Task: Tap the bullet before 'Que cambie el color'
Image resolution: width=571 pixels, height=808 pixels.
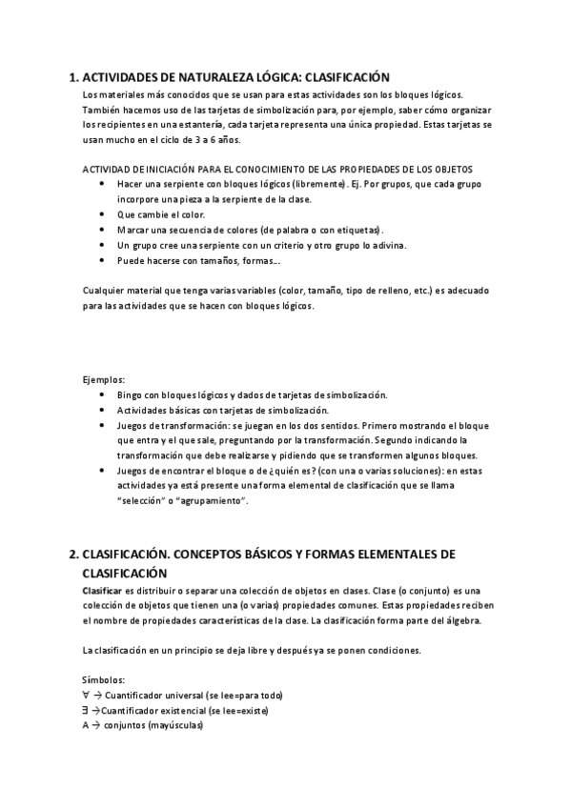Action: point(102,214)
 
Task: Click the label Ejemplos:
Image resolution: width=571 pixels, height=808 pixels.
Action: point(104,379)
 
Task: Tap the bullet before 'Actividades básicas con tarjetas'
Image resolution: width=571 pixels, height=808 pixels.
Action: point(102,410)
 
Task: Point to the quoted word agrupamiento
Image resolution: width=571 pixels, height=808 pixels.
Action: point(214,501)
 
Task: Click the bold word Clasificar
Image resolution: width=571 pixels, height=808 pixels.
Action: point(103,591)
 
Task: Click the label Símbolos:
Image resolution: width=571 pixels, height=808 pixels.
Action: point(104,680)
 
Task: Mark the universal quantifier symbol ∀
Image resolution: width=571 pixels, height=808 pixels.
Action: point(86,696)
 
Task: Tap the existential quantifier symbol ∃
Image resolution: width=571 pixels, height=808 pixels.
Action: point(86,711)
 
